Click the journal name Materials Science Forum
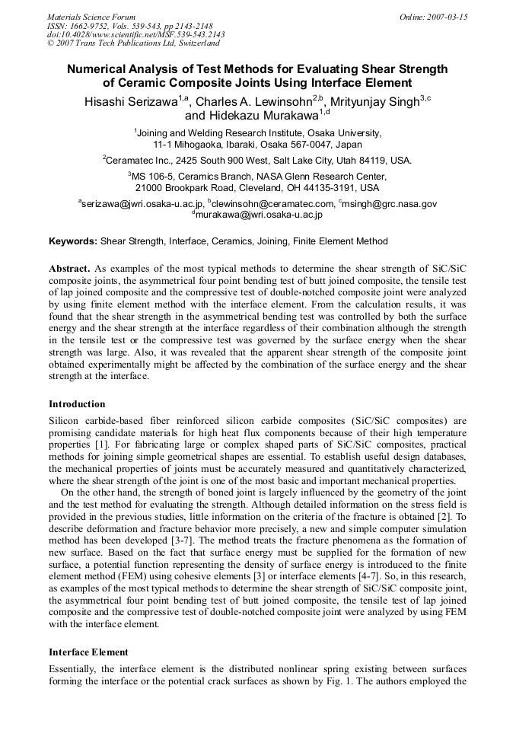tap(91, 17)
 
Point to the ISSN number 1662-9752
tap(94, 26)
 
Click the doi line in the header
tap(135, 35)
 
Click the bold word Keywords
tap(73, 241)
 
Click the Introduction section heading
tap(77, 404)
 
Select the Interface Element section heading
tap(88, 652)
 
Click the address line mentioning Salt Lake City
tap(257, 161)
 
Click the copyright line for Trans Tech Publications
tap(133, 43)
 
